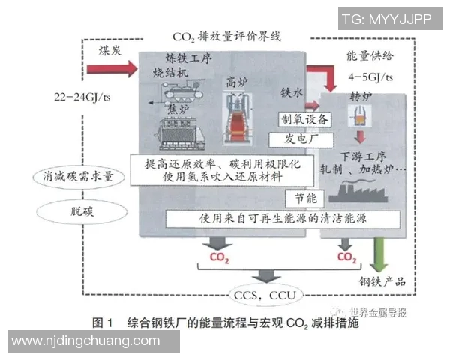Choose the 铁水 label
291,92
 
